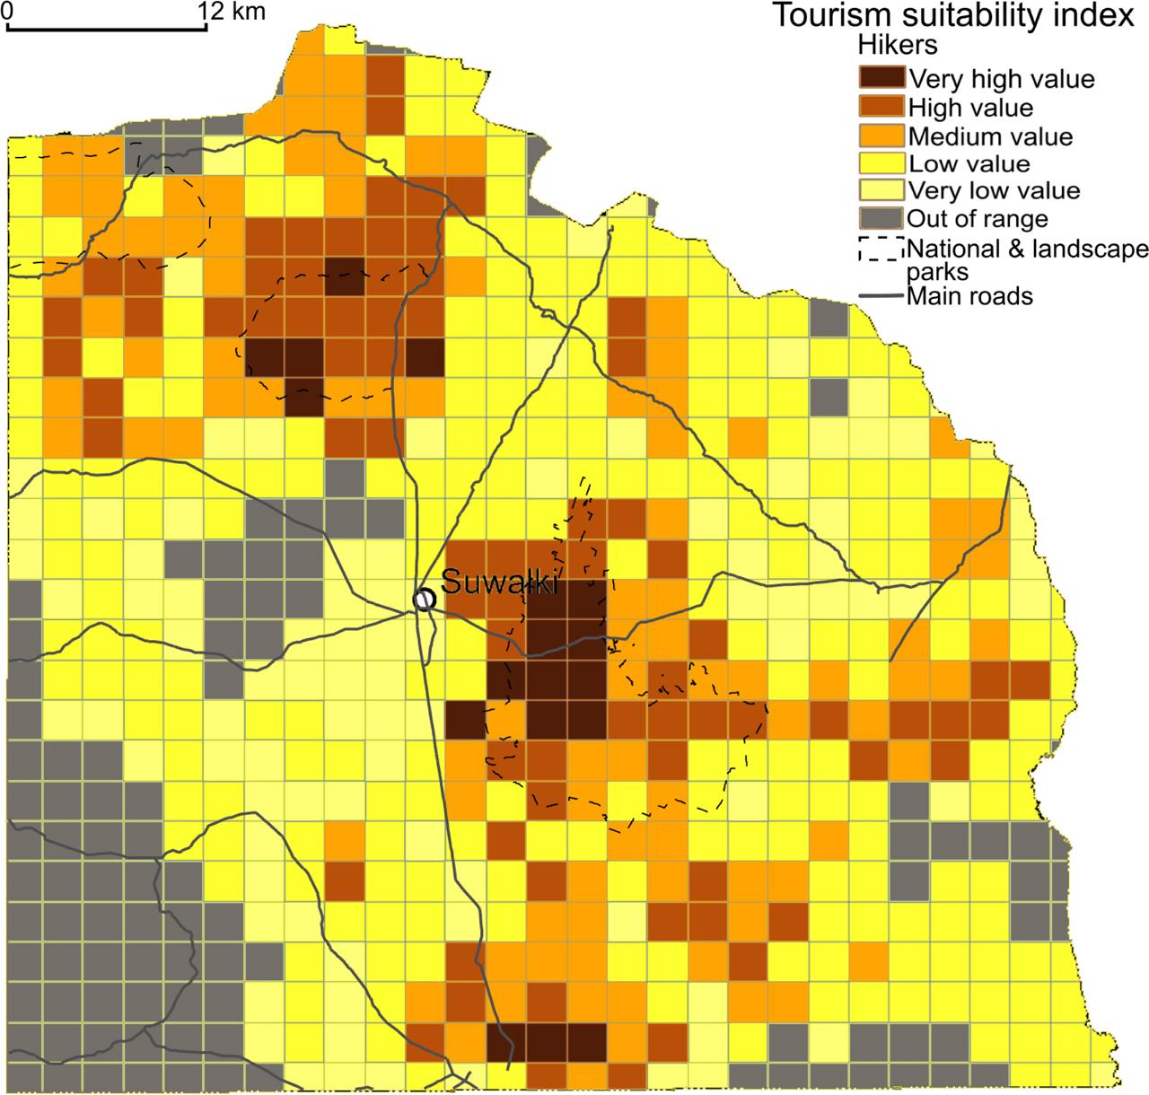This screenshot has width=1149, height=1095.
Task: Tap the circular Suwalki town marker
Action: [424, 599]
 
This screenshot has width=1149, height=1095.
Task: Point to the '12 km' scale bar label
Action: [222, 12]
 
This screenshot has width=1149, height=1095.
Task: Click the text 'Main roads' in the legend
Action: [970, 295]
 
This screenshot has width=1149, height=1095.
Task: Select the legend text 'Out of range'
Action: [978, 218]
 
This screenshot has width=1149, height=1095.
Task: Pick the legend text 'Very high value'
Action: [1002, 79]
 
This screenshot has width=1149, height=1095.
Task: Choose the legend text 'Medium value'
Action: [991, 136]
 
